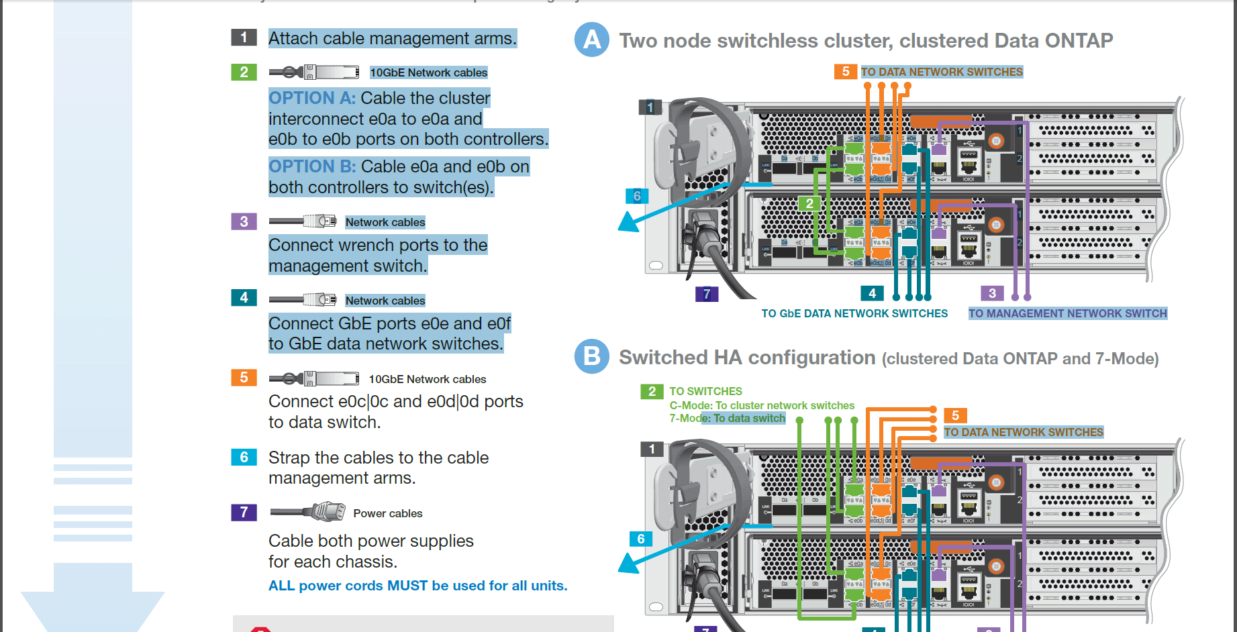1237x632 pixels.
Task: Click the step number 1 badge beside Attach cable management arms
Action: pos(244,38)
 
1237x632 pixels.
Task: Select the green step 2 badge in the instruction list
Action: pos(244,72)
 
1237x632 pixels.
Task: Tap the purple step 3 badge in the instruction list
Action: pos(244,221)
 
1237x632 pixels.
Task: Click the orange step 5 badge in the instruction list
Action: pos(244,378)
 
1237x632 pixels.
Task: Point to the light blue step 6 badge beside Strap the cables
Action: pos(244,458)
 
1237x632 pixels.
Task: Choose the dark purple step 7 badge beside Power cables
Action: pos(244,513)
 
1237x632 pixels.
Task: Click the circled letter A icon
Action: pos(592,40)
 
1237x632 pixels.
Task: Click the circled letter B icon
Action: pos(592,356)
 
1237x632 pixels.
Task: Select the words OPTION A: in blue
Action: pos(312,98)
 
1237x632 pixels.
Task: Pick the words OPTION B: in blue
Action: pos(312,166)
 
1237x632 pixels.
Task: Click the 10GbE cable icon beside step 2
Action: pos(314,72)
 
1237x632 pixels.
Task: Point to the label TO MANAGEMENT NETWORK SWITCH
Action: pos(1067,313)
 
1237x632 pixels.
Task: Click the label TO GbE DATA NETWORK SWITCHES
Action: pos(854,313)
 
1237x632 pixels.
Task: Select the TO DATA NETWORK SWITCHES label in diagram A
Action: pos(942,72)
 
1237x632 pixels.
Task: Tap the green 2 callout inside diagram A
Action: pos(809,203)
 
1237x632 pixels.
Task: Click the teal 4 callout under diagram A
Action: pos(872,293)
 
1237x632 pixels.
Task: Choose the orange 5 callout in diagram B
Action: pos(955,415)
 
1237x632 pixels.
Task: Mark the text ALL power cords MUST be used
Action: pos(417,586)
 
